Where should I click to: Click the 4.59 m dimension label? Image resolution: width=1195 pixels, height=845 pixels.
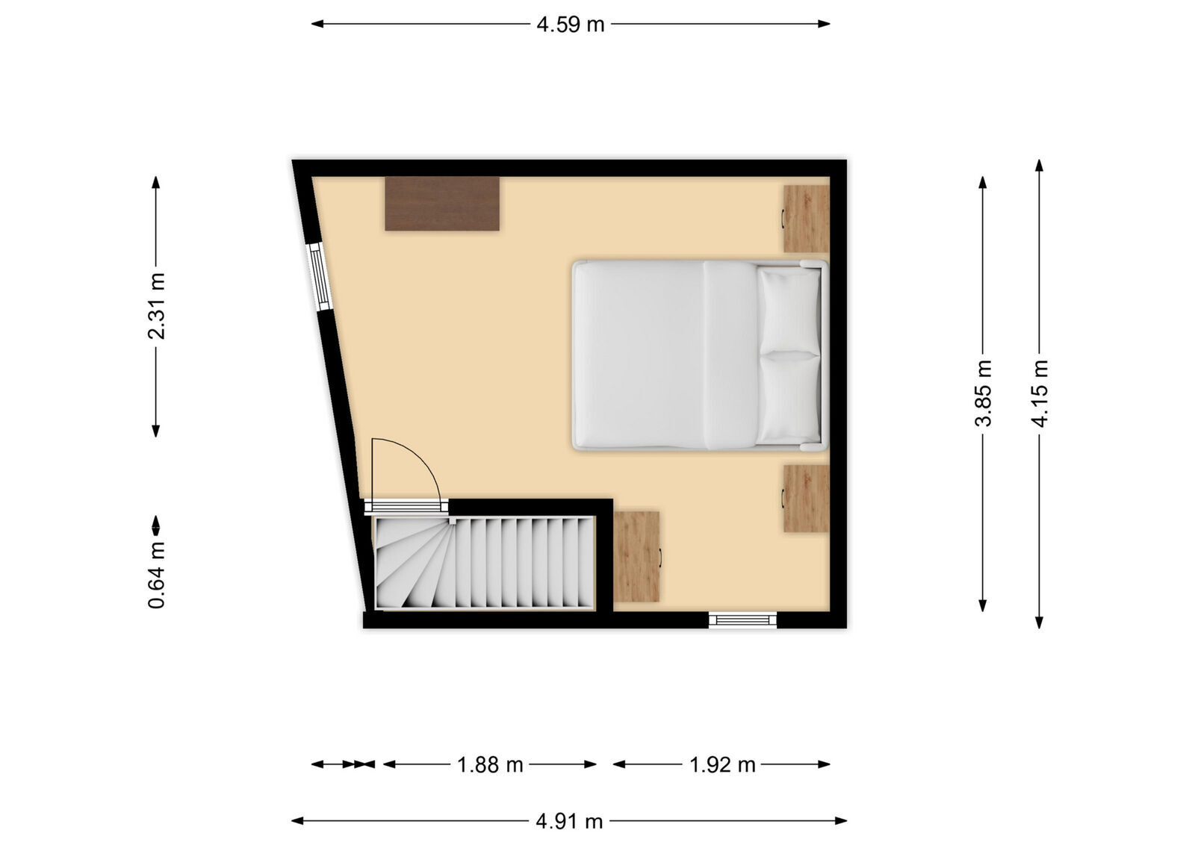click(570, 25)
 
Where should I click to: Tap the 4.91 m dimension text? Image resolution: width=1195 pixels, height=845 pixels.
click(569, 821)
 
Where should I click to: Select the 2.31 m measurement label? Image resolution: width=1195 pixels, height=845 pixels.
click(156, 306)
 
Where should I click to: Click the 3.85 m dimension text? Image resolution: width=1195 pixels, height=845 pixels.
click(983, 393)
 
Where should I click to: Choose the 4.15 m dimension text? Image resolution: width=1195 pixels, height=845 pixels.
click(1039, 393)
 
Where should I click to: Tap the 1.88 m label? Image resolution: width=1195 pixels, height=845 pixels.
click(490, 764)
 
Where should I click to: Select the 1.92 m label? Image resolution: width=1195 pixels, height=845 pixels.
click(721, 764)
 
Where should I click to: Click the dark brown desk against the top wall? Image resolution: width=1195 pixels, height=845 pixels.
click(441, 203)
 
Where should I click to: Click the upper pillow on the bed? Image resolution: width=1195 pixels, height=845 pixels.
click(789, 309)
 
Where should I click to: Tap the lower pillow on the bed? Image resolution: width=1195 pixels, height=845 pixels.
click(789, 397)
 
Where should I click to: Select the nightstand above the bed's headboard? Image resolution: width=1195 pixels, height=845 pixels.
click(806, 218)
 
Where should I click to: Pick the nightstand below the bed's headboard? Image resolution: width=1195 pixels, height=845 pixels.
click(806, 499)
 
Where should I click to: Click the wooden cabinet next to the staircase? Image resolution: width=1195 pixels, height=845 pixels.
click(636, 556)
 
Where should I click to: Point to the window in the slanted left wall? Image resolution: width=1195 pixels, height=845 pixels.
click(319, 276)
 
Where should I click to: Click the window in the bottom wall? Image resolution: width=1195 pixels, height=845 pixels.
click(742, 620)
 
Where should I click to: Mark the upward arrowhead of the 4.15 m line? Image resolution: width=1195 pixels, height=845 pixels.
click(1039, 166)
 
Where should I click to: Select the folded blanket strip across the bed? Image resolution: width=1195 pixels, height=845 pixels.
click(730, 355)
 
